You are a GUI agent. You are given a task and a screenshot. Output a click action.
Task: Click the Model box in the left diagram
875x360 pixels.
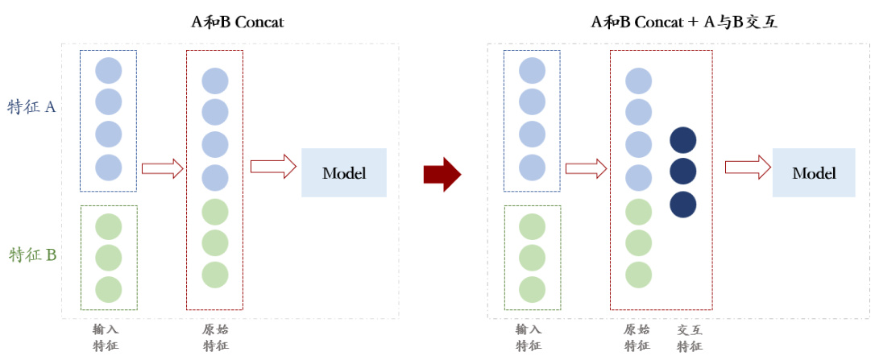point(344,172)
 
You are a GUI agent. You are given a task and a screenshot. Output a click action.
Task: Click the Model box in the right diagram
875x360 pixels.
point(814,172)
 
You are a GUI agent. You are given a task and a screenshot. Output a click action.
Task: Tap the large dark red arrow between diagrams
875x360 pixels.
point(442,173)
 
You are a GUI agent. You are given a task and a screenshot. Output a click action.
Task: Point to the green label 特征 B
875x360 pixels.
point(32,255)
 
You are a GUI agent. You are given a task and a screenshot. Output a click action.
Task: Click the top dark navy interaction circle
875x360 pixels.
point(682,139)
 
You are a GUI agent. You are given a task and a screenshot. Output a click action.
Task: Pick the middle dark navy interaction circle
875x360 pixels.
point(682,172)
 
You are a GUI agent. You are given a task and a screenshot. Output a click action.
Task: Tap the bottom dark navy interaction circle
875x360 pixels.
point(682,204)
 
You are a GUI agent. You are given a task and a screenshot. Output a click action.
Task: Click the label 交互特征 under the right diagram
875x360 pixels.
point(689,337)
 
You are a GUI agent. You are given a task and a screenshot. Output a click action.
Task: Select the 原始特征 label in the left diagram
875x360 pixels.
point(215,337)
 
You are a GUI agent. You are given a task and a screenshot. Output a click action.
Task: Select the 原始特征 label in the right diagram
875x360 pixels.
point(637,337)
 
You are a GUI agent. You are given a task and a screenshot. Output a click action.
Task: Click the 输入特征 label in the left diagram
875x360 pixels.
point(107,337)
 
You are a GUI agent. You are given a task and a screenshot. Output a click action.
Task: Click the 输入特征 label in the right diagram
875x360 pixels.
point(529,337)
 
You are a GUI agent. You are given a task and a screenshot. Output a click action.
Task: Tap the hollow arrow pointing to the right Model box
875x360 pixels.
point(745,167)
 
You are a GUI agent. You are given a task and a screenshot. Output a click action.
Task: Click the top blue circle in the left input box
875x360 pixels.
point(108,71)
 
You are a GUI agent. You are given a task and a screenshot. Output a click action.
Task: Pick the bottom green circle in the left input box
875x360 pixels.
point(108,289)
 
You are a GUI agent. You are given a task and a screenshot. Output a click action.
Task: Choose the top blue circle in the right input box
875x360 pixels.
point(532,71)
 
